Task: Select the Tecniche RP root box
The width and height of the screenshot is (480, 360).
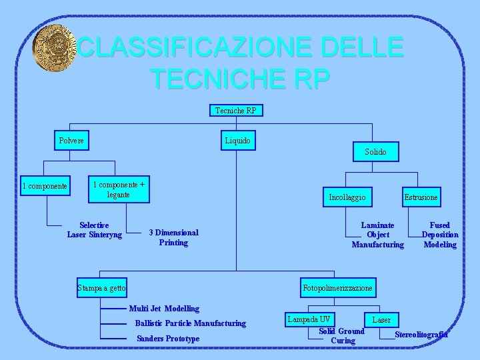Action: click(x=236, y=110)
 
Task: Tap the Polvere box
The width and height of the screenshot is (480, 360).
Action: click(x=72, y=141)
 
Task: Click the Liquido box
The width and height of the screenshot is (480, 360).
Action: click(x=237, y=141)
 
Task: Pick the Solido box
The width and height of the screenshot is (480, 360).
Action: click(x=375, y=152)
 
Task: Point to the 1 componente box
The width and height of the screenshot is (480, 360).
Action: click(x=45, y=186)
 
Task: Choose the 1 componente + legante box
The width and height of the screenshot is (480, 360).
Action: click(x=119, y=189)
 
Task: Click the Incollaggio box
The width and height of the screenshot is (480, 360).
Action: click(x=347, y=197)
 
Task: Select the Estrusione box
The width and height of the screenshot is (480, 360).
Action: click(x=421, y=197)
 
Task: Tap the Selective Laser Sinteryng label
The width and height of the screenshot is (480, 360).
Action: click(x=95, y=230)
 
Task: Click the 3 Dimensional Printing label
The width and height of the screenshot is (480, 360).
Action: click(x=173, y=237)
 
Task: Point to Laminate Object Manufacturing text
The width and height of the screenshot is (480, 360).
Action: click(x=377, y=235)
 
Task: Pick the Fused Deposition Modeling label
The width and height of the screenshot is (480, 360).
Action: click(x=440, y=235)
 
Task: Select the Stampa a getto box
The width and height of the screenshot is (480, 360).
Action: click(x=101, y=287)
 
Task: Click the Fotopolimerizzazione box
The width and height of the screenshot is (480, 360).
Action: click(x=338, y=287)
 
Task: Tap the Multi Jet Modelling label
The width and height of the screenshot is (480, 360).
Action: click(x=164, y=309)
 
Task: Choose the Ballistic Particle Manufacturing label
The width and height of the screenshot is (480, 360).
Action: click(x=190, y=323)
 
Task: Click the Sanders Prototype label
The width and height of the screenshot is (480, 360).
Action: click(x=167, y=339)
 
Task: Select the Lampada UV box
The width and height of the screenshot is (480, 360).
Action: click(x=309, y=319)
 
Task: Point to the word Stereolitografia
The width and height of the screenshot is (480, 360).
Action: click(x=421, y=334)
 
